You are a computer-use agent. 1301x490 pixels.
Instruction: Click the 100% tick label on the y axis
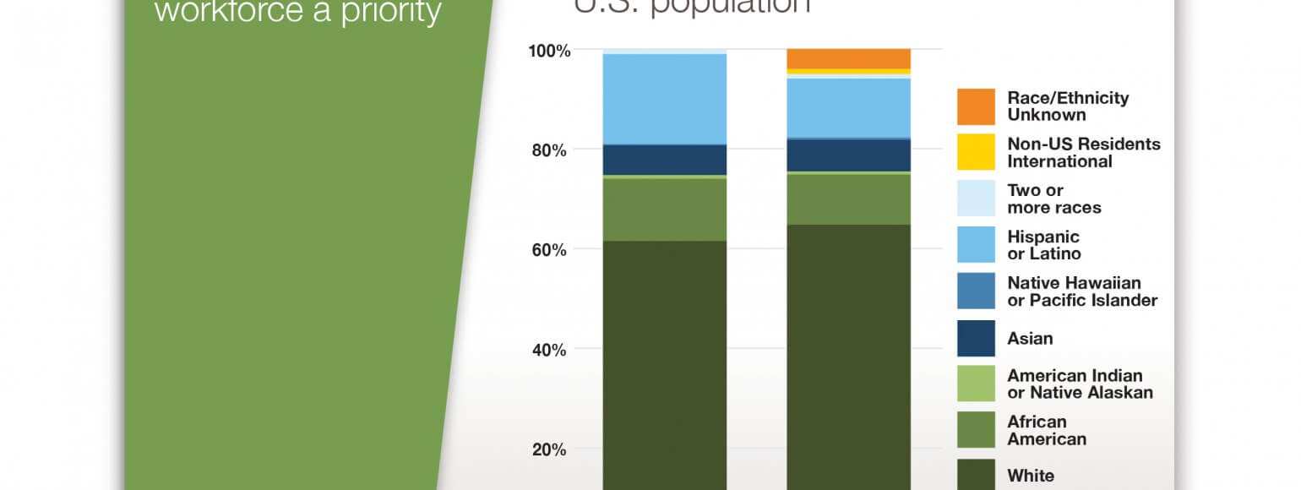tap(549, 51)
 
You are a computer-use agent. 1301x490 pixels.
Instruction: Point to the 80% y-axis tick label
tap(549, 150)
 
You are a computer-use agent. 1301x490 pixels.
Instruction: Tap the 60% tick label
tap(549, 250)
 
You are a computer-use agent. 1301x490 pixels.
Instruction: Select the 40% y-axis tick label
tap(549, 350)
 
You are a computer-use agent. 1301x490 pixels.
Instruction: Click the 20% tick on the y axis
tap(549, 449)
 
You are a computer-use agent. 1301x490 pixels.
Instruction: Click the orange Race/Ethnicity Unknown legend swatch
tap(976, 106)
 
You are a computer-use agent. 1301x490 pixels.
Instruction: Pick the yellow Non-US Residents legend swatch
tap(976, 152)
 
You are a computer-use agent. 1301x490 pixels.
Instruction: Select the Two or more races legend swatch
tap(976, 199)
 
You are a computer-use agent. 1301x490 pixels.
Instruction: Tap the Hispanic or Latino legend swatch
tap(976, 245)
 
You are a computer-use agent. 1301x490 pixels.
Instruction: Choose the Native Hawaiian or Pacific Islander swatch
tap(976, 291)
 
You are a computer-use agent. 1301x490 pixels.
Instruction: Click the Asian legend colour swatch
tap(976, 338)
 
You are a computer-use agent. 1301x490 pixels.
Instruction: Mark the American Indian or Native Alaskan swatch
tap(976, 384)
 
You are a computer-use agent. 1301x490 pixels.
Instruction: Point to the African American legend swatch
tap(976, 429)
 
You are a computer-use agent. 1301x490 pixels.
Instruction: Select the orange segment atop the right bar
tap(848, 58)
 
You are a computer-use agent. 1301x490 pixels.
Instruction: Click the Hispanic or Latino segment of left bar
tap(664, 99)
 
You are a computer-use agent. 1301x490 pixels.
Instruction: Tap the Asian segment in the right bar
tap(848, 155)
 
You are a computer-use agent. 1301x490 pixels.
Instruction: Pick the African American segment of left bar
tap(664, 210)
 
